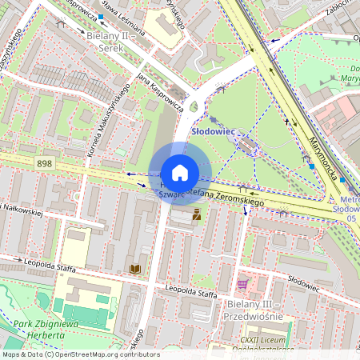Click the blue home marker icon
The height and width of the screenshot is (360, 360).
(180, 173)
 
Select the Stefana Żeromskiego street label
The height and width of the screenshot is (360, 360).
(230, 198)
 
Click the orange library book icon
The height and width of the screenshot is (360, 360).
(134, 270)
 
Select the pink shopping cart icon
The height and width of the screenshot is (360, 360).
(242, 284)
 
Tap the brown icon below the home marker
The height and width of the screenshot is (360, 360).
(194, 214)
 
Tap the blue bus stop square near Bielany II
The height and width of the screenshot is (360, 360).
(101, 16)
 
